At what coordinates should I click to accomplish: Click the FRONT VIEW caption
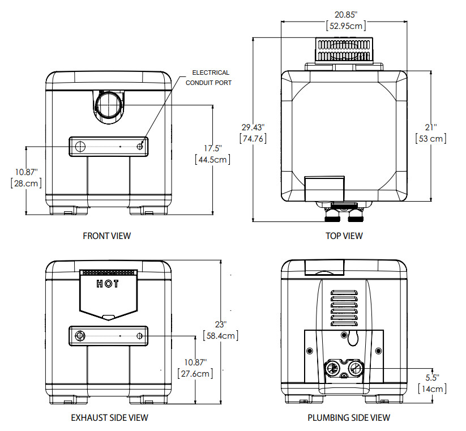tap(106, 236)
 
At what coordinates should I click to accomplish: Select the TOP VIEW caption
tap(344, 236)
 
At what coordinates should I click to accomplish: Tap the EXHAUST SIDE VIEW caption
tap(109, 417)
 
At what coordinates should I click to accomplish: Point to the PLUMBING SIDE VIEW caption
tap(348, 418)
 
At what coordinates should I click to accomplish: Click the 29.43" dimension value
tap(253, 127)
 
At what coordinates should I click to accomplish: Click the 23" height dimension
tap(220, 325)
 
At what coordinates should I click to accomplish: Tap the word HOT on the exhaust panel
tap(108, 284)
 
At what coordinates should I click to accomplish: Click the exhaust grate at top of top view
tap(345, 50)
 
